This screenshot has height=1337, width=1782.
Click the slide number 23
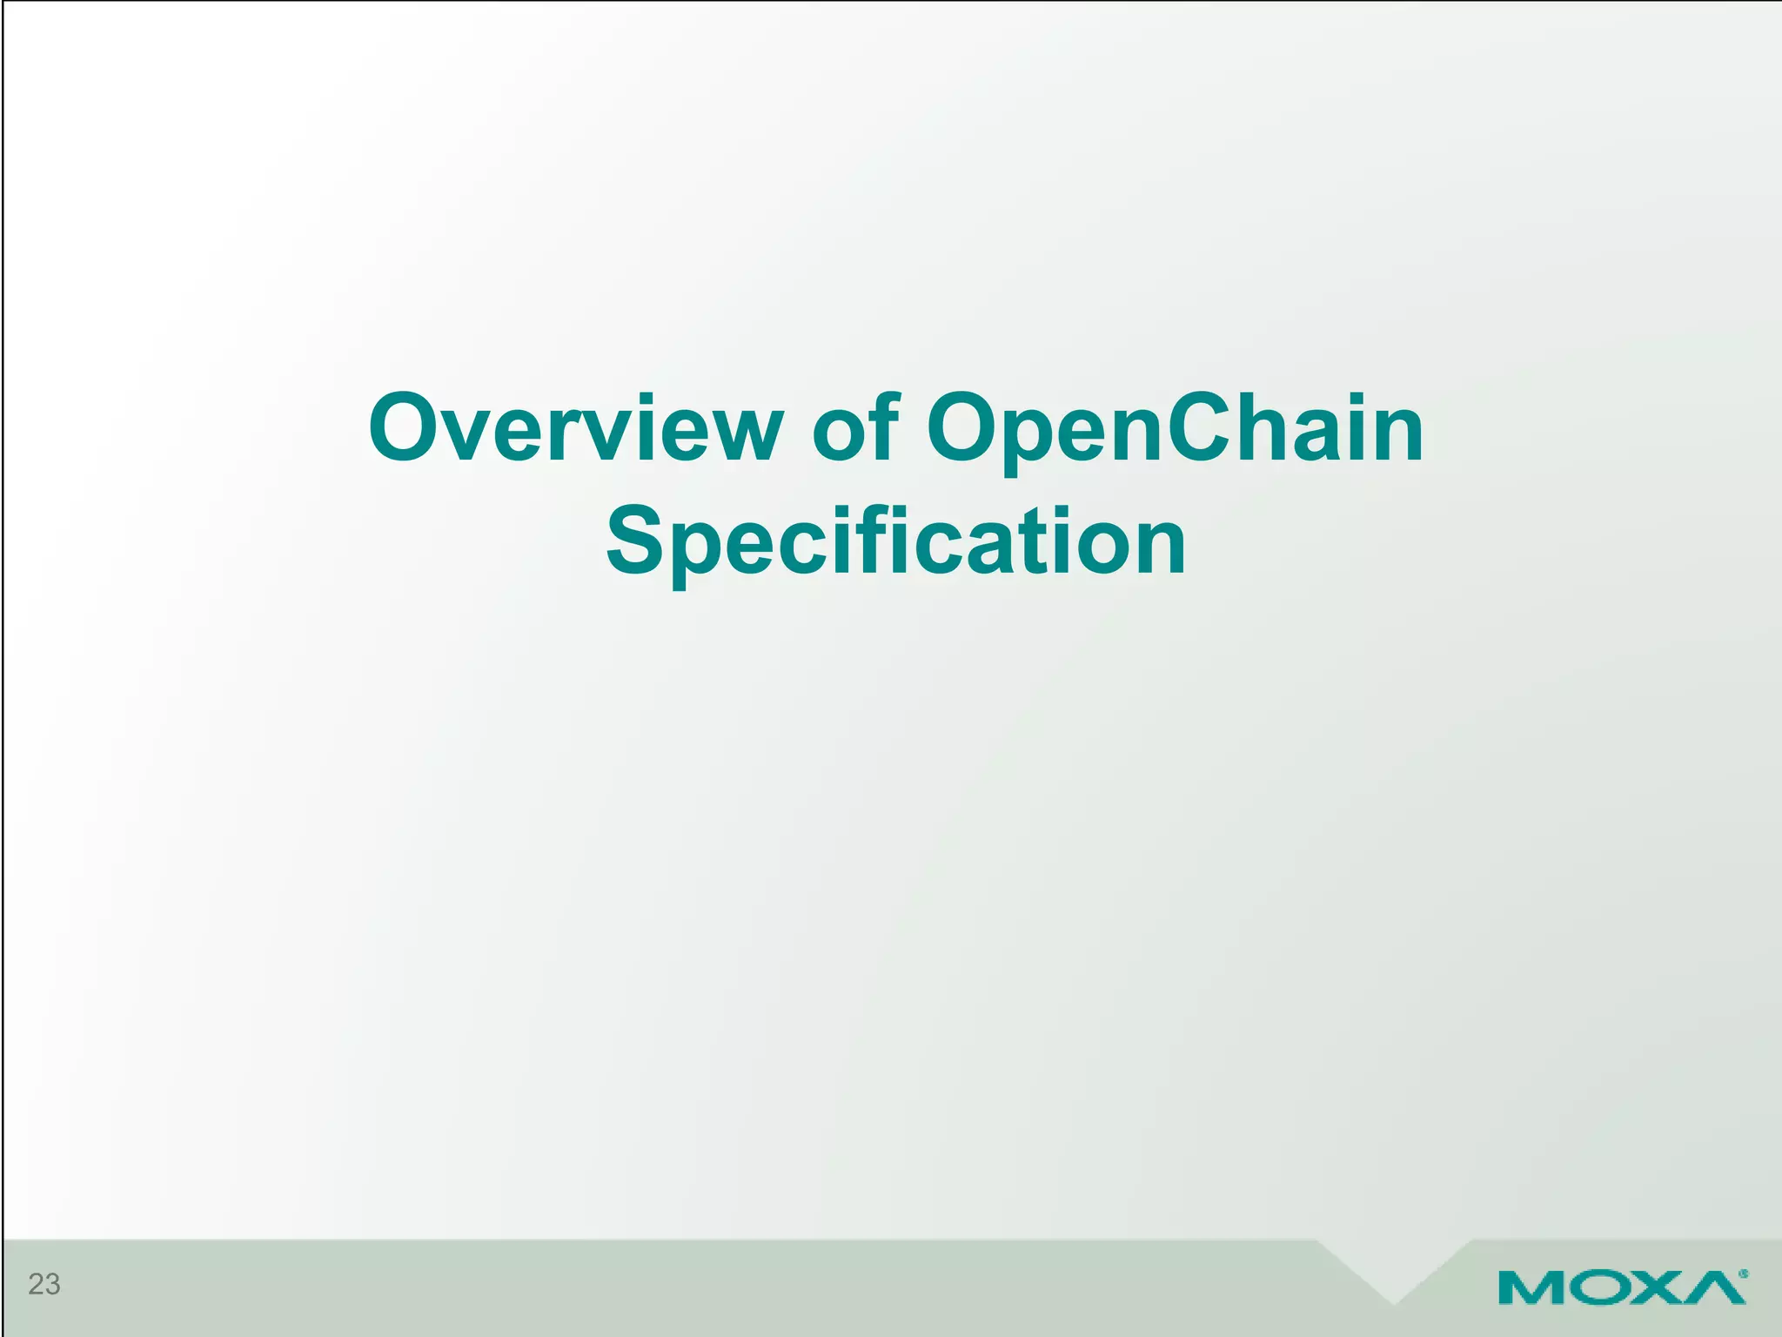44,1284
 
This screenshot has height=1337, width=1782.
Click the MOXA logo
1622,1287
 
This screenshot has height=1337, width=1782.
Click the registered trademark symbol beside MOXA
1743,1273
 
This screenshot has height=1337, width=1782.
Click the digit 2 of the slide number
36,1284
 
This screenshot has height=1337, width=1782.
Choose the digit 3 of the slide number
52,1284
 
